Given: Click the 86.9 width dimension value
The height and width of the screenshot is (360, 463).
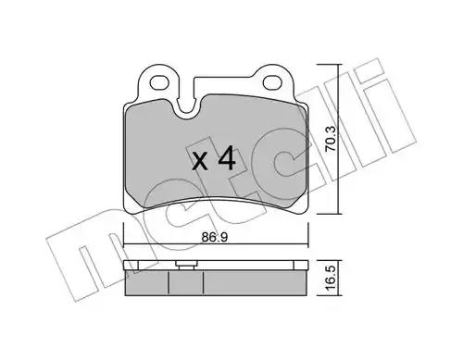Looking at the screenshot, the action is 215,237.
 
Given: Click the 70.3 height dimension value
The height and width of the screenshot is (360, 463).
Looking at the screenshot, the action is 331,138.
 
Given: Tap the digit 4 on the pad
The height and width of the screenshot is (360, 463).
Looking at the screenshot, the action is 227,158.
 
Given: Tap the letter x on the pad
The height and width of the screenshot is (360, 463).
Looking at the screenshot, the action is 200,161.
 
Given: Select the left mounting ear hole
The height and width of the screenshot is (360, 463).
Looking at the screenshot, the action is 160,82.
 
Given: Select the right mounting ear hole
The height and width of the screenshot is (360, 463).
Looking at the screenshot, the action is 273,81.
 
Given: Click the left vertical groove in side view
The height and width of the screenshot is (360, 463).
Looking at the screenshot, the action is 169,282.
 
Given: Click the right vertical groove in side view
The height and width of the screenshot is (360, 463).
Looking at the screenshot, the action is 204,282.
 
